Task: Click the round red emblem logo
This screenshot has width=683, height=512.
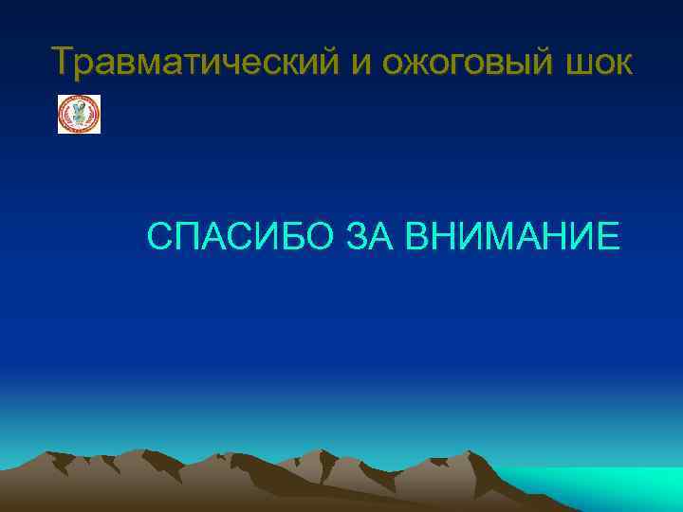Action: click(79, 114)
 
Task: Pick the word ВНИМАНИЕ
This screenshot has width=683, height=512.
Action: click(512, 236)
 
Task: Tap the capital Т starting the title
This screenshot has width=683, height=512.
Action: click(65, 63)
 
